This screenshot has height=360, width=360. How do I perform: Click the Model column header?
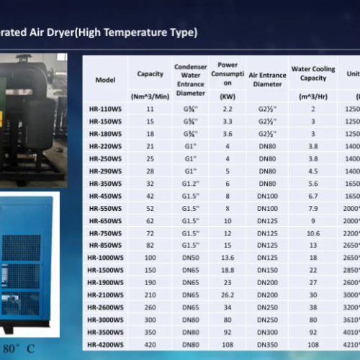[x=105, y=80]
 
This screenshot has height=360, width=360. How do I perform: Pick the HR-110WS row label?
[x=105, y=109]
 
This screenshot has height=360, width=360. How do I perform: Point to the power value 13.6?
[x=227, y=258]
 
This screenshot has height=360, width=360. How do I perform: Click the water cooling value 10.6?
[x=313, y=233]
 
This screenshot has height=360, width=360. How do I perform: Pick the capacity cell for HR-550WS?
[x=150, y=208]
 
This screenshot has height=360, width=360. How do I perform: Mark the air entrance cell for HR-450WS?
[x=267, y=196]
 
